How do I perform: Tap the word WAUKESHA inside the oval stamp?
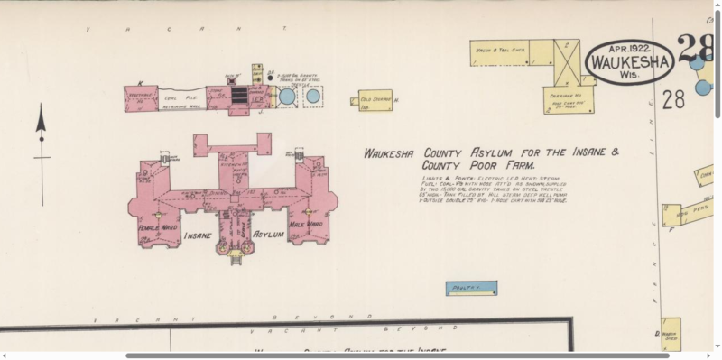630,62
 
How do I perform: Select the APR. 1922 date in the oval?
630,48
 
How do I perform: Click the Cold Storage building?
375,99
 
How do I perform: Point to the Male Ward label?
305,224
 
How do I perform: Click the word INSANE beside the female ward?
199,235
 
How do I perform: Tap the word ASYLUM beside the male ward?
268,235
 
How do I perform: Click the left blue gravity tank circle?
287,96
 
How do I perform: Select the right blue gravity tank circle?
313,95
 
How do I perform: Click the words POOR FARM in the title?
495,166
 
